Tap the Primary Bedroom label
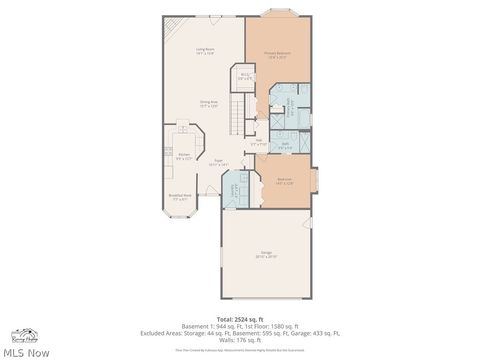276,55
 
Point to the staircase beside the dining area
239,116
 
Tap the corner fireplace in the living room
171,25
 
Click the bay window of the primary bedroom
277,14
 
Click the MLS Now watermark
27,351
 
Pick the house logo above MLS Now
22,335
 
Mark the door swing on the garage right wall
308,222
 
